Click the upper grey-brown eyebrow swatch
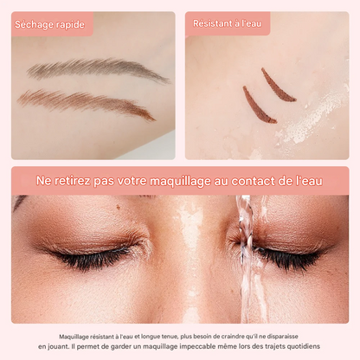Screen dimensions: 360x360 (x=95, y=68)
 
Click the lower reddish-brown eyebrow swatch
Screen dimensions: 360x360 (x=87, y=102)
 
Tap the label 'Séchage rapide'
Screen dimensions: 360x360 (x=50, y=24)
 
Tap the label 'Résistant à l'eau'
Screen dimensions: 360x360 (x=228, y=24)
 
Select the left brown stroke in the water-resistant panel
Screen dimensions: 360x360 (x=258, y=105)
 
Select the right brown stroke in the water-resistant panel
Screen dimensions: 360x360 (x=279, y=85)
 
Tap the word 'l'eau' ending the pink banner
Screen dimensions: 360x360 (x=308, y=180)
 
